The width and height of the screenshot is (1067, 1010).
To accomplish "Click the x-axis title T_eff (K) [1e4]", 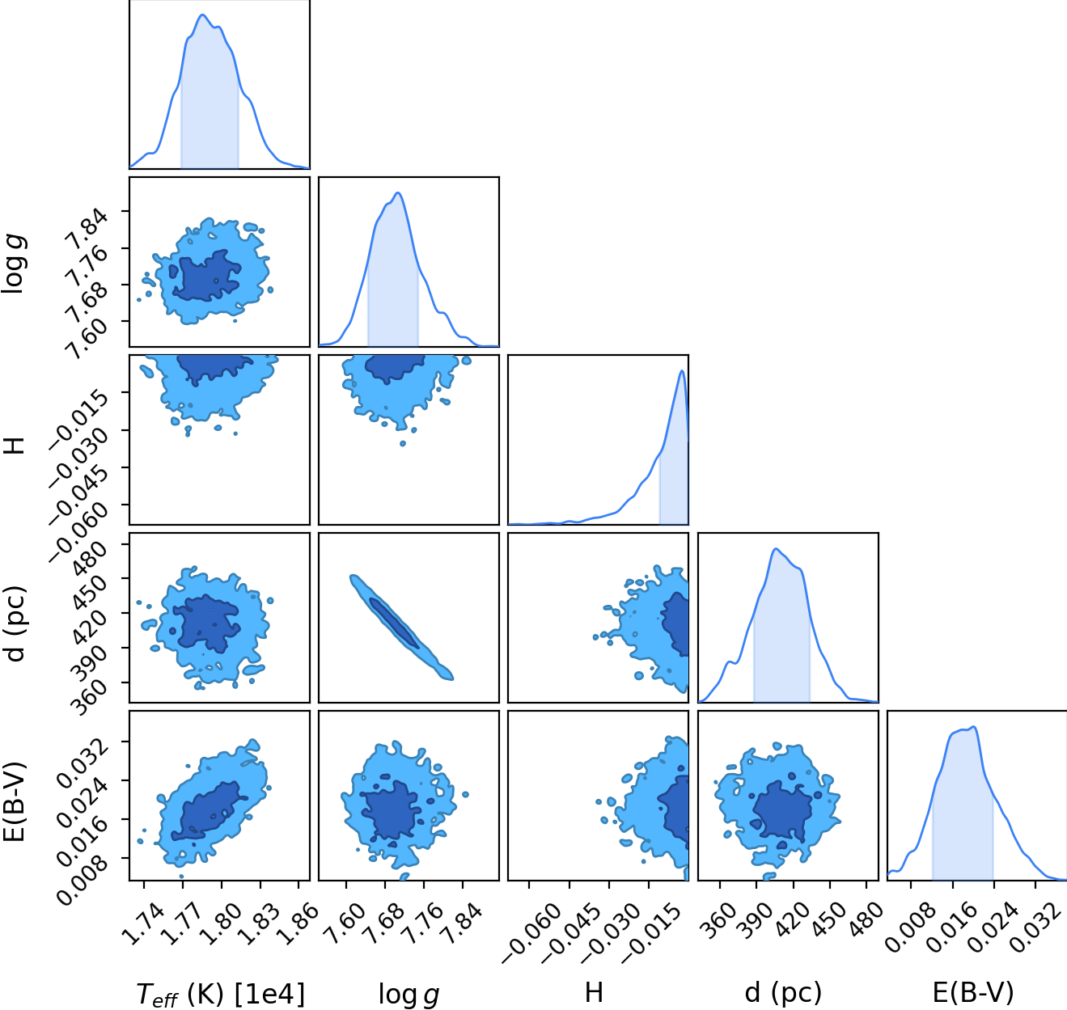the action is pos(220,994).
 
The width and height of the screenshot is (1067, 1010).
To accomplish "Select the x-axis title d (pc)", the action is pos(783,993).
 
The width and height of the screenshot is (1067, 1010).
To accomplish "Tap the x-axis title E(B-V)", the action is pos(973,993).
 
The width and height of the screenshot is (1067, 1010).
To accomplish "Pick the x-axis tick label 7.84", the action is pos(461,923).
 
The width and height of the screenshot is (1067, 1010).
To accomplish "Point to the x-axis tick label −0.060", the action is pos(530,933).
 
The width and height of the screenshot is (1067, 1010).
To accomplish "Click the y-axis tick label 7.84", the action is pos(86,226).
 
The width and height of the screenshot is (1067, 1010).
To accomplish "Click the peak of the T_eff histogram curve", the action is pos(202,15).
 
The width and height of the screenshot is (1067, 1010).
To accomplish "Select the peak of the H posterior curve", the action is pos(682,370).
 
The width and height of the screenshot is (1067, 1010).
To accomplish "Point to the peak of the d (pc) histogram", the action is pos(776,549).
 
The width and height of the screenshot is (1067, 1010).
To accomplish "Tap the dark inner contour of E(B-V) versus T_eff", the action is pos(209,811).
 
